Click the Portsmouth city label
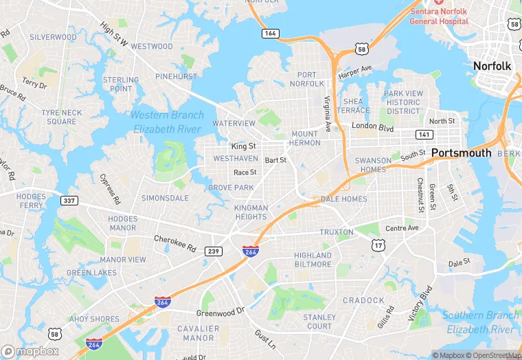462,153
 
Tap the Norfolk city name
492,66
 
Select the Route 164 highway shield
270,33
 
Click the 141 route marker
424,135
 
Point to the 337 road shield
69,201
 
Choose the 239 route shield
214,251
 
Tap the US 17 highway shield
378,245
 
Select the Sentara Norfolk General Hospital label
438,16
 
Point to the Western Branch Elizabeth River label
167,122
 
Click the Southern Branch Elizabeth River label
480,322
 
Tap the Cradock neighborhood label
363,300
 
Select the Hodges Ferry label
31,201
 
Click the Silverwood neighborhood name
53,37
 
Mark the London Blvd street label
372,126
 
